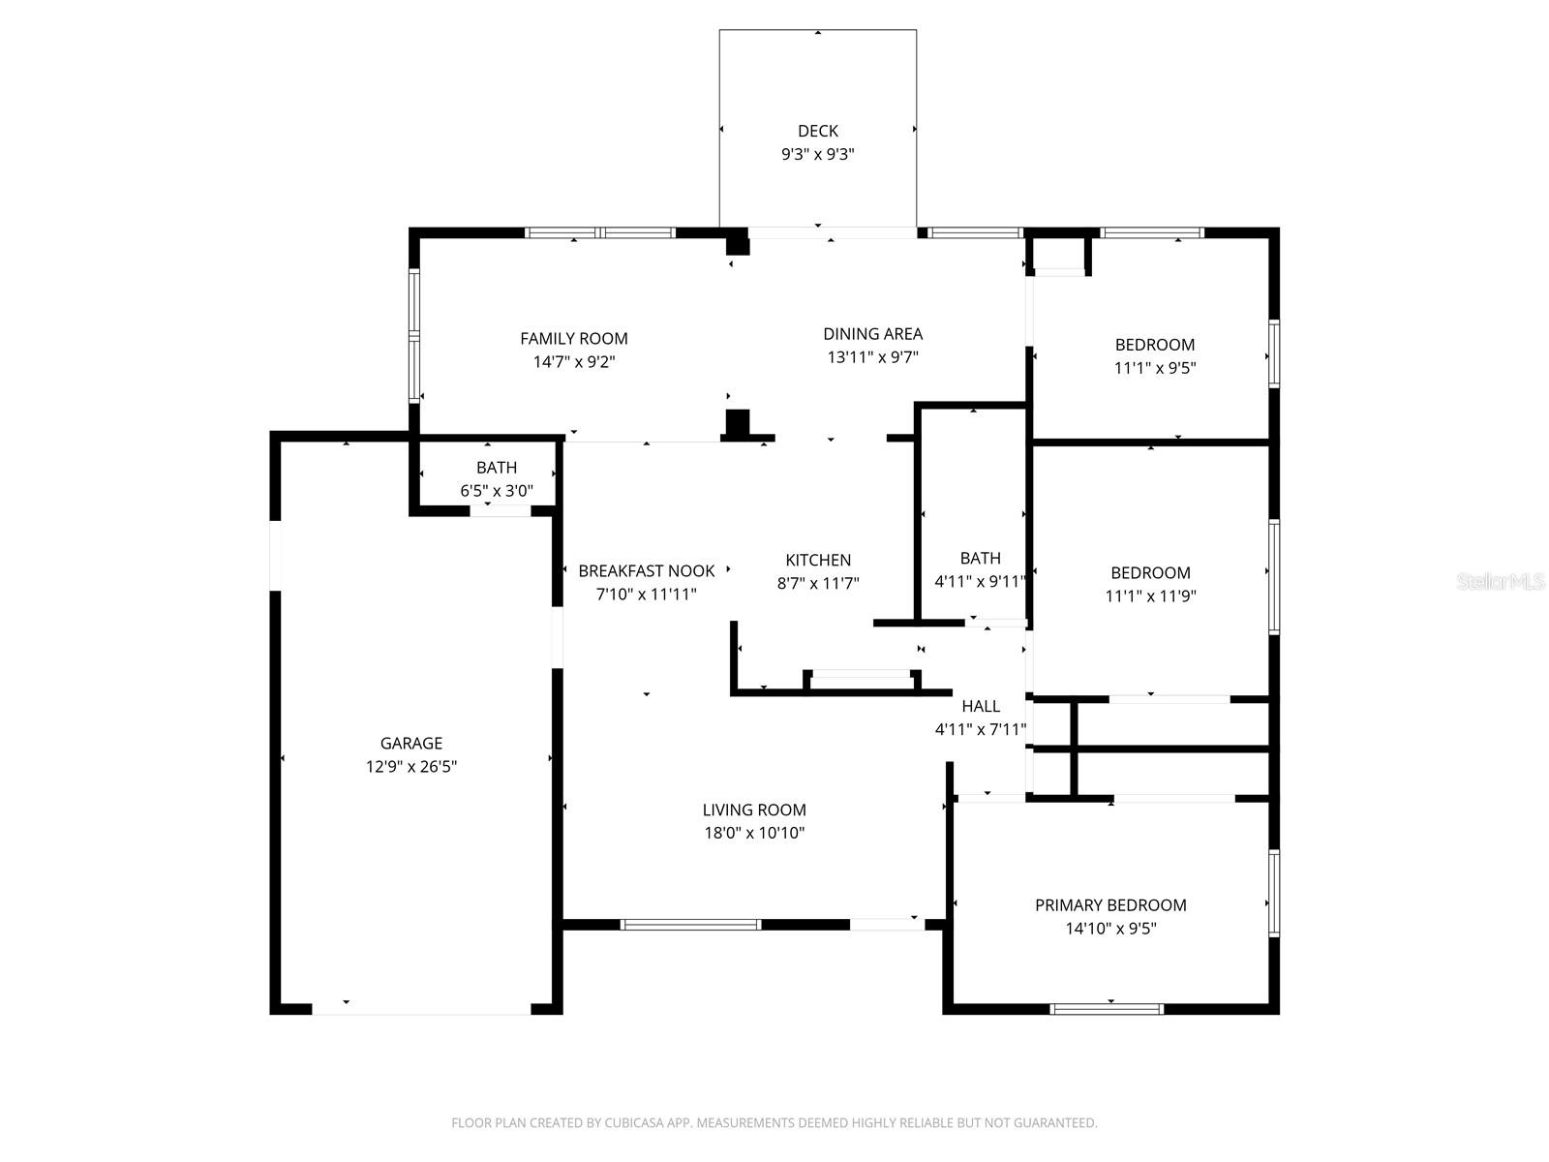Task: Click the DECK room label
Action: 817,131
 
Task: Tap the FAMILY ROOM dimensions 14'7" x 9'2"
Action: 574,362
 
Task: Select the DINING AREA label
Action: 872,334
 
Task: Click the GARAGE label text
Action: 410,744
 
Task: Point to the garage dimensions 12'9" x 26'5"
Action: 410,767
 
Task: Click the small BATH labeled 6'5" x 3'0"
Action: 496,468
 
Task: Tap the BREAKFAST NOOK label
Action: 646,571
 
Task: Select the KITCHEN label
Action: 818,560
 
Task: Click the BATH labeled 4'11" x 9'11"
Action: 980,558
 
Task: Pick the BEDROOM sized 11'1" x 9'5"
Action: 1154,345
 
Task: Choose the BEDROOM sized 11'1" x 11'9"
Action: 1150,573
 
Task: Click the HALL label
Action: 981,707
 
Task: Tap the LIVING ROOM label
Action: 754,810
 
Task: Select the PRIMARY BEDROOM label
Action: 1110,905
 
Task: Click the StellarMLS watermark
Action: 1501,582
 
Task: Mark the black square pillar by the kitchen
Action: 738,423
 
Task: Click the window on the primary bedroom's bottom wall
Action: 1107,1009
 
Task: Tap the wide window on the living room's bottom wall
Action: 690,925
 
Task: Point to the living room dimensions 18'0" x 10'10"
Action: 754,834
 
